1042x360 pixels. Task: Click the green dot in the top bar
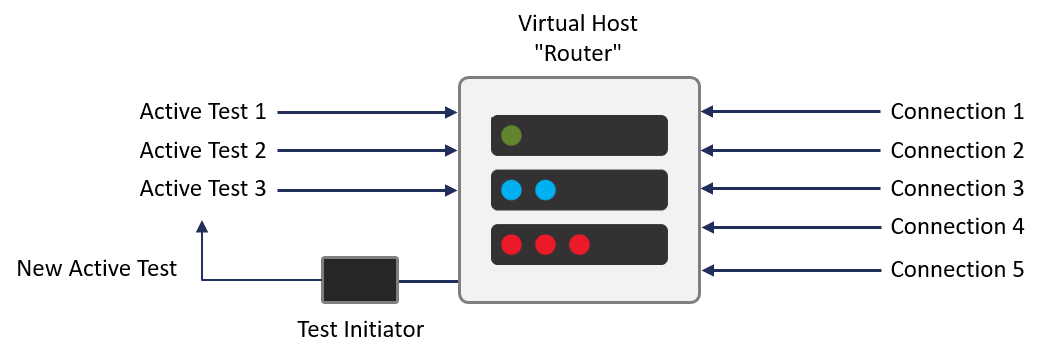click(x=511, y=135)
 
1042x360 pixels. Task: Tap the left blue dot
click(x=511, y=190)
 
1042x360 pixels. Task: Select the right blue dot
click(x=545, y=190)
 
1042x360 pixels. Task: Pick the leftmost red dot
click(x=511, y=244)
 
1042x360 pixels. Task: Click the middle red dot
click(x=545, y=244)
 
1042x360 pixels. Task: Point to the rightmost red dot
click(x=579, y=244)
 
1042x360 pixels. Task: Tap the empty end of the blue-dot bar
click(x=620, y=190)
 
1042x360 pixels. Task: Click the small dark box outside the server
click(x=360, y=280)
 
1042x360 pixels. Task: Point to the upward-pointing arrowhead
click(x=202, y=227)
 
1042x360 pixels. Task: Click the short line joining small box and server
click(x=428, y=281)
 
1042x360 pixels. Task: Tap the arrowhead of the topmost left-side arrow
click(x=451, y=113)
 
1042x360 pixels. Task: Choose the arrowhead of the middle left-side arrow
click(x=451, y=151)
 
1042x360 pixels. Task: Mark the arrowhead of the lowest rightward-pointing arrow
click(x=451, y=190)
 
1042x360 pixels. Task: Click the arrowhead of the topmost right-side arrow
click(x=707, y=111)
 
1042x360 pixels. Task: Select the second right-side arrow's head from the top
click(x=707, y=150)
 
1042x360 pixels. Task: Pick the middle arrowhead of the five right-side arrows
click(x=707, y=188)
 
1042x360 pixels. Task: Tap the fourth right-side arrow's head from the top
click(x=707, y=227)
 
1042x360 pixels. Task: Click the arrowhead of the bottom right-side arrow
click(x=707, y=270)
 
